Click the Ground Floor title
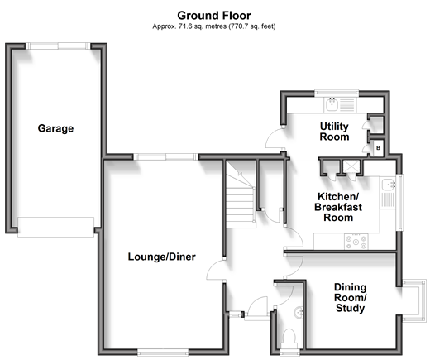214,16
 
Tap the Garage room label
55,128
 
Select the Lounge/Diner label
162,257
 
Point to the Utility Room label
334,132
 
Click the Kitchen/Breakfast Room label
338,207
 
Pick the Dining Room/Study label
351,298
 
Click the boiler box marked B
378,148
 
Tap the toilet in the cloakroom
289,338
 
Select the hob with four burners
356,242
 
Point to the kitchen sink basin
388,185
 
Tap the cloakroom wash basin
299,313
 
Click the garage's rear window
58,46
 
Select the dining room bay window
413,301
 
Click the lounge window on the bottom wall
163,353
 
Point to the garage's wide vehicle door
55,227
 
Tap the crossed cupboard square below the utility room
351,166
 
